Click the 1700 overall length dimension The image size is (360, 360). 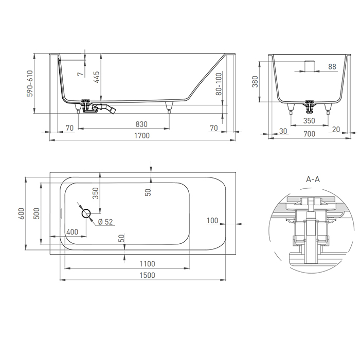click(x=141, y=136)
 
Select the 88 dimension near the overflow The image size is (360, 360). click(x=332, y=67)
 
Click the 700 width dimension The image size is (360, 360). click(x=309, y=134)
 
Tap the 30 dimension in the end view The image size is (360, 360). click(x=282, y=131)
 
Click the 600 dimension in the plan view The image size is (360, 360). click(x=22, y=213)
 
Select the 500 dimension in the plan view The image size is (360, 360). click(x=36, y=214)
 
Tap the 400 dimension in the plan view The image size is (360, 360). click(x=72, y=232)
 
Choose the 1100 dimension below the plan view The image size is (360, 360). click(x=147, y=264)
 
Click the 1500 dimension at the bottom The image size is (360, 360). click(x=147, y=275)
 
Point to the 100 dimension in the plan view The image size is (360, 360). click(x=212, y=221)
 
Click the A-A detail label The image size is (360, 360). click(x=313, y=179)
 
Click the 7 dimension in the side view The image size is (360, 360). click(x=80, y=74)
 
